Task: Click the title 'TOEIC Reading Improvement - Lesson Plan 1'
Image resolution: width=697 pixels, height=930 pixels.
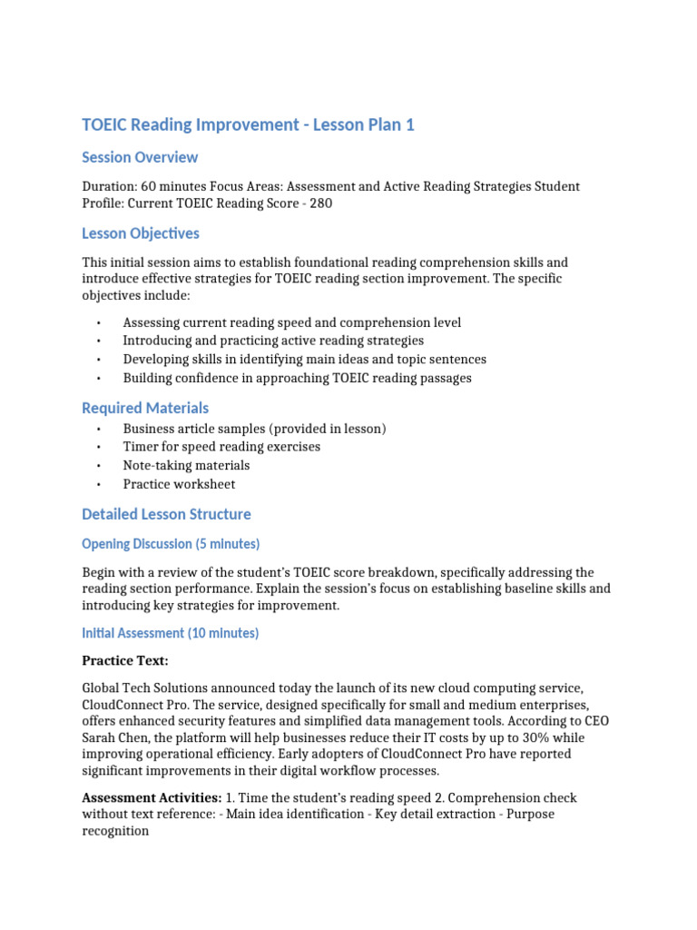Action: [x=248, y=125]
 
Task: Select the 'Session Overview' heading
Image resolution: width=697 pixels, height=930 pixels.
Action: [x=140, y=157]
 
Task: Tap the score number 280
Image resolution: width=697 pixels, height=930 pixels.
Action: [x=320, y=203]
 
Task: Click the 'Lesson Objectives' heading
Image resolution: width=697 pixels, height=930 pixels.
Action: [x=141, y=233]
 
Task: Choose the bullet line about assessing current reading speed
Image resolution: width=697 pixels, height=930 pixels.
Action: [x=291, y=322]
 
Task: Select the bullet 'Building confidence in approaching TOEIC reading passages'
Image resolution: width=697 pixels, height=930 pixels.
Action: [x=297, y=378]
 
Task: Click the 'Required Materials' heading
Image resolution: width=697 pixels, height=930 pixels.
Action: [x=145, y=408]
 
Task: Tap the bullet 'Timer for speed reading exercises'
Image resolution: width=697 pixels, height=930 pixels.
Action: [x=221, y=447]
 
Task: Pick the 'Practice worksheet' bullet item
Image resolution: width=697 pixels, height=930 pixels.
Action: [x=179, y=484]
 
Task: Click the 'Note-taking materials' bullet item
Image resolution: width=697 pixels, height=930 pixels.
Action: [x=186, y=465]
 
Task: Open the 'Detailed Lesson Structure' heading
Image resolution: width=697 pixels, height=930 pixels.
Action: [x=166, y=514]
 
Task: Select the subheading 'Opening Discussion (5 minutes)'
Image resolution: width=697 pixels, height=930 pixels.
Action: [x=171, y=544]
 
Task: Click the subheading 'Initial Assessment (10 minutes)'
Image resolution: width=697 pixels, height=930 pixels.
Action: [x=170, y=633]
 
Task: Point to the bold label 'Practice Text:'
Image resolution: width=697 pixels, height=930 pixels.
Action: [x=125, y=660]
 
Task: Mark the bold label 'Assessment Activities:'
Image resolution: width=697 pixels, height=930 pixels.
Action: [x=152, y=797]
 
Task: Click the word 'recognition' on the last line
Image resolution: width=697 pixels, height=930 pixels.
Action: [x=115, y=831]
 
